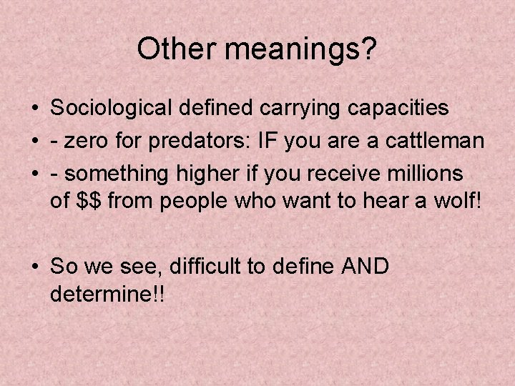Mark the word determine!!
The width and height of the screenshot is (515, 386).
[x=107, y=295]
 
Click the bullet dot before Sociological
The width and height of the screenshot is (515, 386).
[x=34, y=109]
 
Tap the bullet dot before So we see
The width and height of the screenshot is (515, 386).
[x=34, y=268]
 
